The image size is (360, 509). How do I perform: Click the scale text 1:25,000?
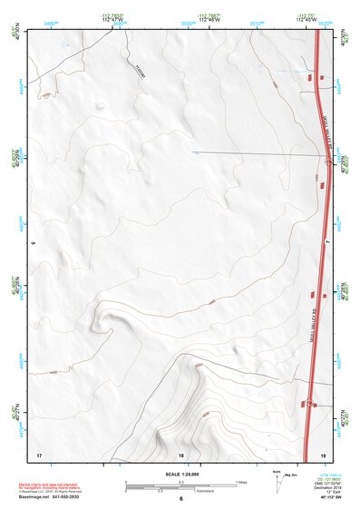180,473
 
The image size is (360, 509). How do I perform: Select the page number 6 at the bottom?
180,499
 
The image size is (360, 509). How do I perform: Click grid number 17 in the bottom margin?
38,453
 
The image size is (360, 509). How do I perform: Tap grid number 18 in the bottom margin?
181,453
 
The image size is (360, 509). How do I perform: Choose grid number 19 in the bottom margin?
324,453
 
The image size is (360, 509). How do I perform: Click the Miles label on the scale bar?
240,482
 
